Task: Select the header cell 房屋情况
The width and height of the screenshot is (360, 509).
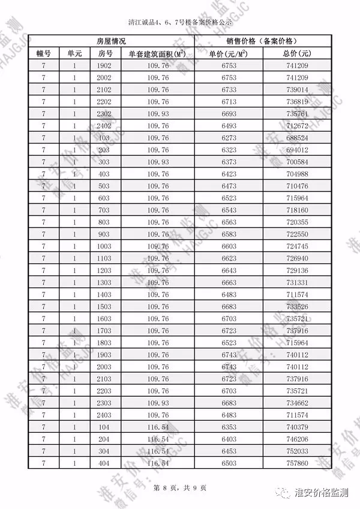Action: (x=111, y=41)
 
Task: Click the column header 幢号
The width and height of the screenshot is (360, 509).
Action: (x=43, y=53)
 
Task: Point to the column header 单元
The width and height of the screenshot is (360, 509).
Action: (x=74, y=53)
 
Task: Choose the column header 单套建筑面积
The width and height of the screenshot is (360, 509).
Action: (x=156, y=53)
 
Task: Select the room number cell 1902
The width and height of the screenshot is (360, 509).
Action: (x=104, y=65)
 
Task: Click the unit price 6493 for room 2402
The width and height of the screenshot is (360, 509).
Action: (x=229, y=125)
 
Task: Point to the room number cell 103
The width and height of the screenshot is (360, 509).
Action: (x=104, y=137)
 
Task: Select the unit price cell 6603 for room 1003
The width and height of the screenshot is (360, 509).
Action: (x=229, y=246)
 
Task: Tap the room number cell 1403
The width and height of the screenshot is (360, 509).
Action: (x=104, y=294)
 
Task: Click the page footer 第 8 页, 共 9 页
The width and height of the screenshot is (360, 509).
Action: (x=180, y=487)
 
